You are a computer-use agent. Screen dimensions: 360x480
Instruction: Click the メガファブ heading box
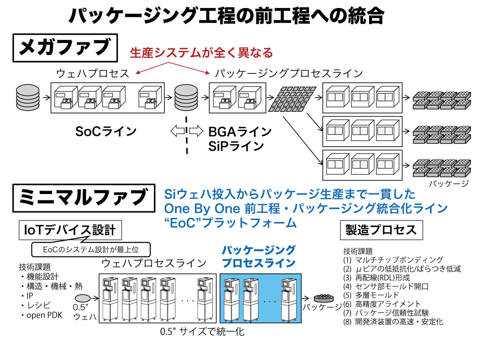coord(65,48)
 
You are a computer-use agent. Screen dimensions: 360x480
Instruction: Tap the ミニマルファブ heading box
coord(84,198)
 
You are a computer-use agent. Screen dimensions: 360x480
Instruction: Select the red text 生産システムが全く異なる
coord(201,53)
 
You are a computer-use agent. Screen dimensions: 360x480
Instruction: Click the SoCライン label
coord(106,131)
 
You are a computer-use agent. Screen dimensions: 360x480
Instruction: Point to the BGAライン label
coord(240,132)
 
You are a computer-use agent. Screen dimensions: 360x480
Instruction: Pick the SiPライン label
coord(236,146)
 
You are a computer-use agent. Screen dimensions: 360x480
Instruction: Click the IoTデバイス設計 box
coord(70,230)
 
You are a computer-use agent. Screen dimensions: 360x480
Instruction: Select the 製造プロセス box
coord(381,230)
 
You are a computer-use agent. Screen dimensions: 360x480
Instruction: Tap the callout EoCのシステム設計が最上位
coord(91,250)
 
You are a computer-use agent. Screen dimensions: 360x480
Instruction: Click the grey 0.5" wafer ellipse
coord(83,298)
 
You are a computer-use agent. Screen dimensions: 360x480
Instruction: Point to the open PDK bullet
coord(44,315)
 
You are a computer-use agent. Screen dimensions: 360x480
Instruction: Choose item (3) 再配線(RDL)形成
coord(377,277)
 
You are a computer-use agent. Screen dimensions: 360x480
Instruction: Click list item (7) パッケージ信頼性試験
coord(386,313)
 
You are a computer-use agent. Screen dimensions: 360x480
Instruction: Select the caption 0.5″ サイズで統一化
coord(202,332)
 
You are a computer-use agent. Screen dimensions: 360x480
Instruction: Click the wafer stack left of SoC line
coord(28,97)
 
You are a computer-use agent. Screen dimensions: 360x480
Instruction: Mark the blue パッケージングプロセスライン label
coord(259,256)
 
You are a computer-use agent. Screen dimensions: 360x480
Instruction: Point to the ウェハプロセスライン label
coord(154,263)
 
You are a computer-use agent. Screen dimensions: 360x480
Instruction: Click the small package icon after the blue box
coord(324,297)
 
